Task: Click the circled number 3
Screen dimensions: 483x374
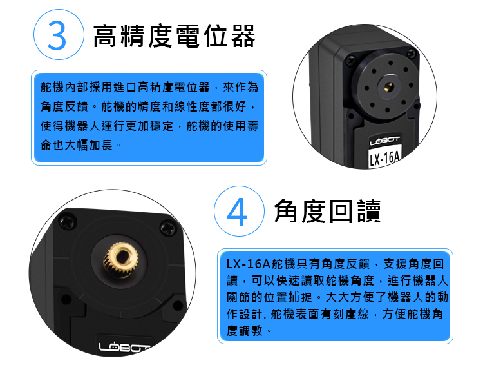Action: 59,35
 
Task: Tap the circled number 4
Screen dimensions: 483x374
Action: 239,212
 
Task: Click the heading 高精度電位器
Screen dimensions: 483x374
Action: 174,35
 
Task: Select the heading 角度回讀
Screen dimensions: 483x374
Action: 327,212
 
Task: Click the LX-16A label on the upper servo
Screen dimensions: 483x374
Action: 384,159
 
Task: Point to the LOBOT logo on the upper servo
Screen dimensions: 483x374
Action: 384,141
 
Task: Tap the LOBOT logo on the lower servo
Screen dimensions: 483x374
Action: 123,348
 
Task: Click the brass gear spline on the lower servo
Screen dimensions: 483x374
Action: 121,259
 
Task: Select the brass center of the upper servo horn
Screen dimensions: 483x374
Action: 388,87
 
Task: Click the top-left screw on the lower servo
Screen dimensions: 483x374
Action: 67,222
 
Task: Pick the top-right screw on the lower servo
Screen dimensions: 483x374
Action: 168,228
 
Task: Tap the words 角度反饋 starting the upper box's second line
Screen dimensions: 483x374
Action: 64,106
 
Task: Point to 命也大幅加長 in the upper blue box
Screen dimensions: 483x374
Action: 77,145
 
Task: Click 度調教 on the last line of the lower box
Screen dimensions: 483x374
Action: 245,331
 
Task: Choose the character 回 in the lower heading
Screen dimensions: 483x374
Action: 341,212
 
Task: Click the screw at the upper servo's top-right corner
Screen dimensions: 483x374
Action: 412,54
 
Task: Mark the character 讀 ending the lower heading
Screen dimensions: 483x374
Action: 369,212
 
